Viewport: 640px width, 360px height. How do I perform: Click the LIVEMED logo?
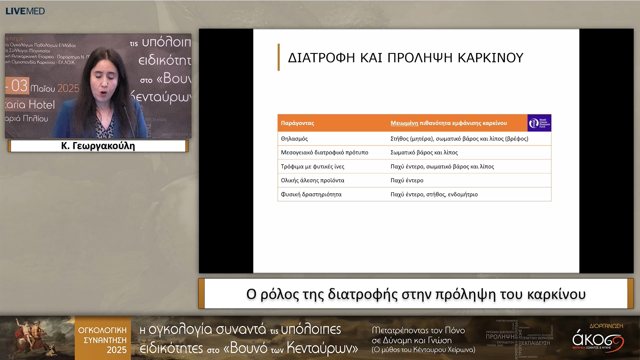click(x=25, y=11)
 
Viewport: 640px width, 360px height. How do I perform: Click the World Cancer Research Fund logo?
click(x=539, y=123)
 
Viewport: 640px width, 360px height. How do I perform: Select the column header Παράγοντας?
click(x=297, y=123)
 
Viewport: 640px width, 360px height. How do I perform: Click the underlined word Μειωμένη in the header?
click(x=404, y=123)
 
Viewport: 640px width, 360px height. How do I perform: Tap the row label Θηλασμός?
click(x=294, y=139)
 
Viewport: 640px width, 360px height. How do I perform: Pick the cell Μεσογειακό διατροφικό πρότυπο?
click(x=324, y=152)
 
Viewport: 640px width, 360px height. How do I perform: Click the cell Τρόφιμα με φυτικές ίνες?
click(x=312, y=166)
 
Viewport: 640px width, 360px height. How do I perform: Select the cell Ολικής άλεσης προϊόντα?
click(x=312, y=180)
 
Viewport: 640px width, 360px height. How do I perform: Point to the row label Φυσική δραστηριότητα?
click(x=311, y=194)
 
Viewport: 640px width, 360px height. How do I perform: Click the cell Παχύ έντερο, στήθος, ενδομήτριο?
click(x=434, y=194)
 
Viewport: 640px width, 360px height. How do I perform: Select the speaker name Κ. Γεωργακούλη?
click(x=98, y=146)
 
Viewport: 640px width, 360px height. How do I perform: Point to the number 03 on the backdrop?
click(x=19, y=86)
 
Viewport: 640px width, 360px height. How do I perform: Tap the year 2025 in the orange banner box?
click(x=116, y=350)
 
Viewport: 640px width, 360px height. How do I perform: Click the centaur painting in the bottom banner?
click(x=37, y=337)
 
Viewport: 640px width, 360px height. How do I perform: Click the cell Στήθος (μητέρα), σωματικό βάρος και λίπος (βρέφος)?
click(x=459, y=139)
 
